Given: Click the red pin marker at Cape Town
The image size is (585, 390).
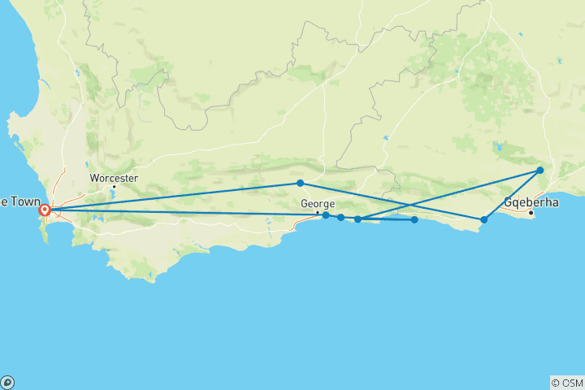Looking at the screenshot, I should tap(45, 210).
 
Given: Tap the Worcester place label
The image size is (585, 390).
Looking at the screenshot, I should tap(114, 178).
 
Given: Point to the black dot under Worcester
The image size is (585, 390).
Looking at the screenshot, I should tap(115, 187).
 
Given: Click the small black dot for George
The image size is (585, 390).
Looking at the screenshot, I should tap(318, 212).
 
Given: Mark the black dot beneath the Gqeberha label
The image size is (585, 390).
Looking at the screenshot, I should tap(531, 213).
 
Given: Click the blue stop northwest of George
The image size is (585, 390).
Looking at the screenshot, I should tap(300, 183).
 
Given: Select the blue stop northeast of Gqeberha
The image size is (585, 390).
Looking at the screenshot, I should tap(540, 171).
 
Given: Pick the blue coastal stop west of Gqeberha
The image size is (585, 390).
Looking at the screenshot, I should tap(484, 219).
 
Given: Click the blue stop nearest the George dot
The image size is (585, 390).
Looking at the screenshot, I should tap(326, 215).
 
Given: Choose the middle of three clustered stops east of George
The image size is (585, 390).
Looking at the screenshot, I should tap(340, 218).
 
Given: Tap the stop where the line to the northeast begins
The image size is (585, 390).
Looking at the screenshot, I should tap(357, 219).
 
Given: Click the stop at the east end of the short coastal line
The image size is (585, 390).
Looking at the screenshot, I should tap(414, 219).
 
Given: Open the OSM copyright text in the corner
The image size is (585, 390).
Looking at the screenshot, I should tap(566, 383).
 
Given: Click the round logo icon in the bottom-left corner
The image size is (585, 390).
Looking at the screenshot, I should tap(7, 383).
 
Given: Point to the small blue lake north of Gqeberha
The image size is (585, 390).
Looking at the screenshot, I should tap(497, 148).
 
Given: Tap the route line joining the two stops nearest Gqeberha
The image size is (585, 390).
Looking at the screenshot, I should tap(512, 195).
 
